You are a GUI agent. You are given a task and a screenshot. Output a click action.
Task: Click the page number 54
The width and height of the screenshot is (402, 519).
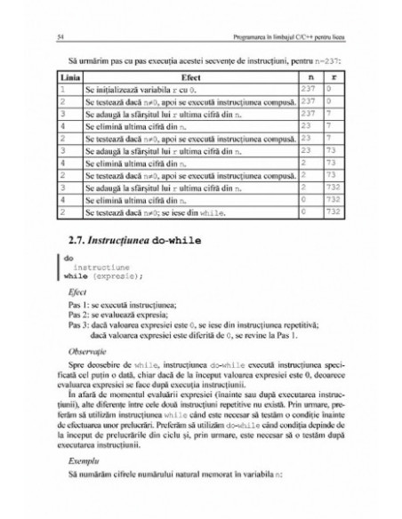click(58, 36)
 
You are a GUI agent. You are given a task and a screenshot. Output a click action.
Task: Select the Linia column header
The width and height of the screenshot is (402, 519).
click(69, 78)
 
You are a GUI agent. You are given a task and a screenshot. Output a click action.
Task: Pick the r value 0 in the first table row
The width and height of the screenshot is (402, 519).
click(329, 90)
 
